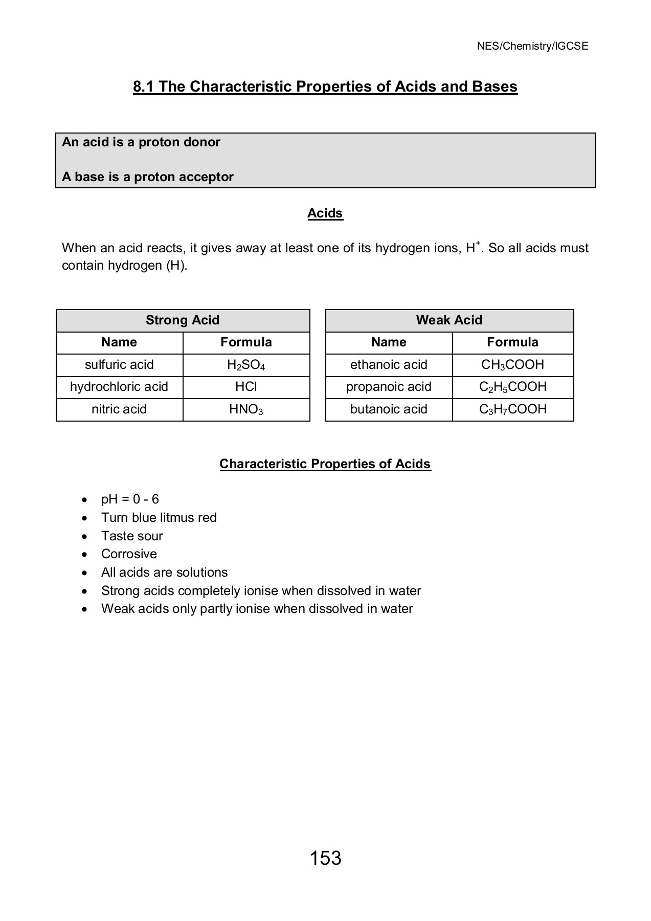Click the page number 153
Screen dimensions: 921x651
click(325, 858)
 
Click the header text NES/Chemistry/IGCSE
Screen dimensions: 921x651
click(532, 46)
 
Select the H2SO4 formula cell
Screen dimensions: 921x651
click(246, 365)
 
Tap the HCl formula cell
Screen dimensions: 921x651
click(246, 387)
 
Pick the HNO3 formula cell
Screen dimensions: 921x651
click(246, 409)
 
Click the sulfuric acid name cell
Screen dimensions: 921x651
click(119, 365)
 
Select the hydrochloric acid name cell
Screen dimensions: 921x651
click(119, 387)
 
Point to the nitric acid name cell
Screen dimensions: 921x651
click(119, 409)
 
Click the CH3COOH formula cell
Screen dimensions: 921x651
click(512, 365)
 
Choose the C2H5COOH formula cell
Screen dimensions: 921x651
click(512, 387)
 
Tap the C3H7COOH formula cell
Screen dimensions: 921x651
click(512, 409)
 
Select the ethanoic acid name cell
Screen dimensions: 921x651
click(389, 365)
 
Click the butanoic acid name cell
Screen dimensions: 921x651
click(389, 409)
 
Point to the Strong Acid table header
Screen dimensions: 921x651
click(183, 320)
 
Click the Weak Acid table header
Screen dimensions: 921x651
click(449, 320)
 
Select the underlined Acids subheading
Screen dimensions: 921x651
click(325, 213)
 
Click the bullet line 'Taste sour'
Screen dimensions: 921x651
click(132, 536)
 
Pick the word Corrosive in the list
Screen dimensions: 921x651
click(129, 554)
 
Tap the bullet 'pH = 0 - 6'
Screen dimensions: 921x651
click(130, 499)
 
